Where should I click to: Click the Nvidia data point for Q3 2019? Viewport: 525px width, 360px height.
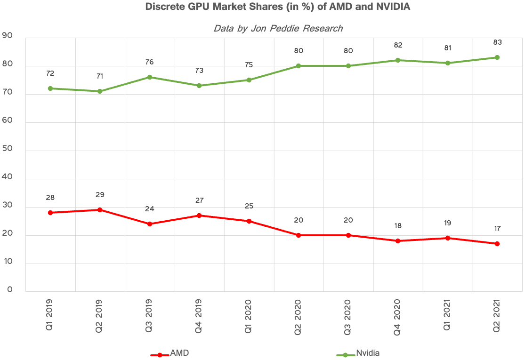coord(149,77)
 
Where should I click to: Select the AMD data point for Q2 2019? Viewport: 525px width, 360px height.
coord(100,210)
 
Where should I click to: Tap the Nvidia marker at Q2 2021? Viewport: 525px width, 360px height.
coord(497,57)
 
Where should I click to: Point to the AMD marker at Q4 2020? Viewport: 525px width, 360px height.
coord(398,241)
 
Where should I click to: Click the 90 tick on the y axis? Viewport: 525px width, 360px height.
coord(8,36)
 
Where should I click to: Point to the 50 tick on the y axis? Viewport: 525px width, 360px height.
coord(8,150)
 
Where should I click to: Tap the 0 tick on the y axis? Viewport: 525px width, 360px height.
coord(9,290)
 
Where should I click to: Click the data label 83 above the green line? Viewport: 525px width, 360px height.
coord(497,42)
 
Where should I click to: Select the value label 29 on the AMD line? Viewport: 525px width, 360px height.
coord(100,195)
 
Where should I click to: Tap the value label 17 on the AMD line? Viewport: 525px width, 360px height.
coord(497,229)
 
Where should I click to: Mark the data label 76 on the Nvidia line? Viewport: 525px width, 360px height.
coord(149,62)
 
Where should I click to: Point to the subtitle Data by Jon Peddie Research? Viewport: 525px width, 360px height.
coord(278,28)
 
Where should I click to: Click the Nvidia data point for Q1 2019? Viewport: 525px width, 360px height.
coord(50,88)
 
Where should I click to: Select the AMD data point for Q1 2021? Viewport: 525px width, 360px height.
coord(448,238)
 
